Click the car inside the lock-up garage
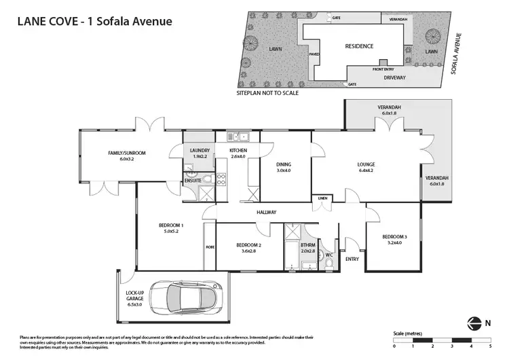(x=183, y=297)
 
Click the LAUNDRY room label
(x=200, y=150)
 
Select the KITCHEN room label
(x=238, y=150)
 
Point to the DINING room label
(x=284, y=164)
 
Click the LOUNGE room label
(x=366, y=164)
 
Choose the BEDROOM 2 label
(x=249, y=245)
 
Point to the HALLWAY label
(x=266, y=213)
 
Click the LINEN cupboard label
(x=322, y=198)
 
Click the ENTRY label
(x=352, y=259)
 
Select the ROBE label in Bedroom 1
(x=210, y=247)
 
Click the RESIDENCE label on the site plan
(x=359, y=46)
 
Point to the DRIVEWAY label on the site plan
(x=394, y=77)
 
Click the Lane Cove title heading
(x=94, y=21)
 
